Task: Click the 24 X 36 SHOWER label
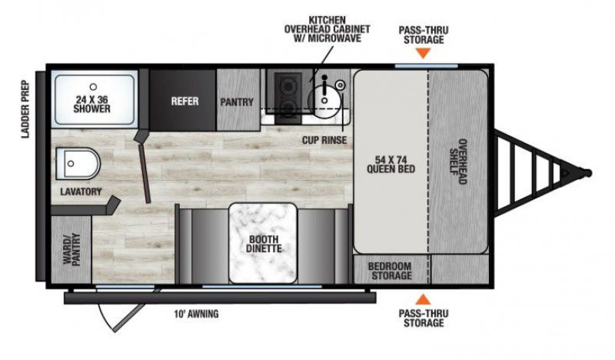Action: [x=92, y=103]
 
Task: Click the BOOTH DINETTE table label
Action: [x=264, y=243]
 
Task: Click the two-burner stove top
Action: [x=288, y=98]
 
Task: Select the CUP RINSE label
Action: [x=324, y=140]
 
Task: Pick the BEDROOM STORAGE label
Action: [x=391, y=270]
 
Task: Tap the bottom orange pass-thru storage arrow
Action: [x=423, y=298]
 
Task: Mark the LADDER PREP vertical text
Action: [x=25, y=108]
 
